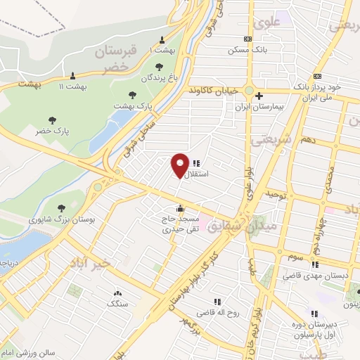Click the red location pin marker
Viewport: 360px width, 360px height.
point(180,165)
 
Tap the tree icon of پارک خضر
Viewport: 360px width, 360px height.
point(51,120)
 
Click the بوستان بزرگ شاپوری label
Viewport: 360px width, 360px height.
point(62,219)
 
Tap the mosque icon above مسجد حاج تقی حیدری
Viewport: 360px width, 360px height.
point(181,208)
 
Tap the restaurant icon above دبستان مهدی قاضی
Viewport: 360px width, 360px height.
point(315,264)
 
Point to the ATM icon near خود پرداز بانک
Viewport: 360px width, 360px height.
point(317,76)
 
